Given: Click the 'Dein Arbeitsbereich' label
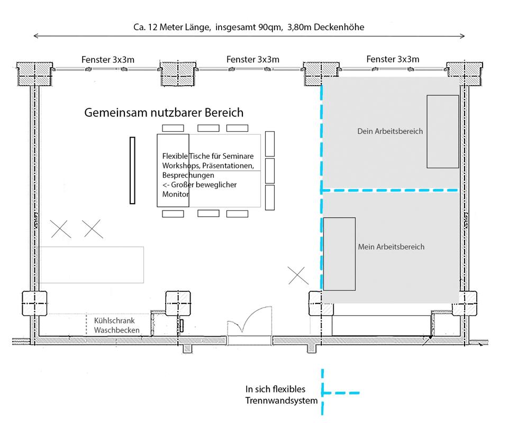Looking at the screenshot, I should [x=390, y=131].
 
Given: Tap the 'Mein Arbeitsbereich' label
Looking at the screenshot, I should [x=391, y=246].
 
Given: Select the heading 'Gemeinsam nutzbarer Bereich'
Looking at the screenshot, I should [x=164, y=113].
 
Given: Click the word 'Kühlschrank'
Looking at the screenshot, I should [x=114, y=321].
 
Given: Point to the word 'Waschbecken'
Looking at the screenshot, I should [x=117, y=330].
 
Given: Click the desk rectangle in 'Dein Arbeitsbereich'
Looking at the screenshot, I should [x=442, y=131].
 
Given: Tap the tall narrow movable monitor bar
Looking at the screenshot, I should [x=132, y=170].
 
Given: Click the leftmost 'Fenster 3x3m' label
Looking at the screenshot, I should [x=108, y=60].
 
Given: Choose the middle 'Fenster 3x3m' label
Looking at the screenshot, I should [x=253, y=60].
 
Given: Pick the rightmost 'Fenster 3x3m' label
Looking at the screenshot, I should [x=393, y=59].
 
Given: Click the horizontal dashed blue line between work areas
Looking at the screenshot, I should [x=391, y=190].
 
